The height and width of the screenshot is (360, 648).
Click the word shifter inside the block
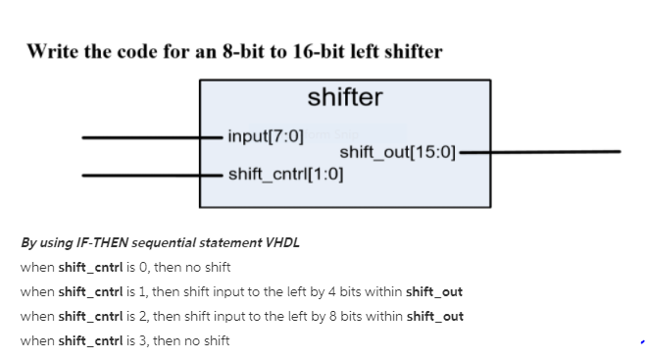point(344,97)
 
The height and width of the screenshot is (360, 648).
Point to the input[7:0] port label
point(265,135)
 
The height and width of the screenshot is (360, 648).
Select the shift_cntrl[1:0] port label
point(285,175)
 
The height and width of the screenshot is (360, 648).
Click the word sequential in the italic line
point(150,242)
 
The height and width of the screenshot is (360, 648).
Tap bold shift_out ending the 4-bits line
point(433,291)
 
